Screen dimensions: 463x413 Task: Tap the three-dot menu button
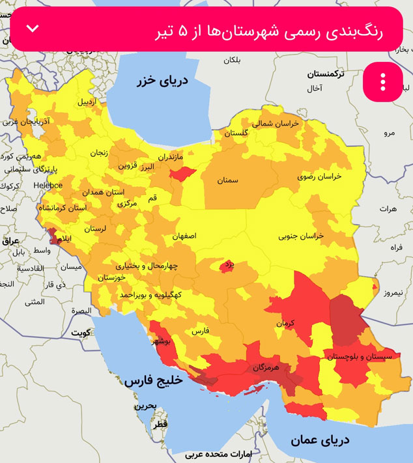(383, 82)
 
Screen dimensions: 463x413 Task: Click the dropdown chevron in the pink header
(33, 29)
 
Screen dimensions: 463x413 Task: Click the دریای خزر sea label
(162, 81)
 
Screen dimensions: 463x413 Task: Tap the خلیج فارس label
(151, 380)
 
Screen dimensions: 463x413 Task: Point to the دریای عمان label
(320, 440)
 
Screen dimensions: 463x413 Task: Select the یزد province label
(228, 265)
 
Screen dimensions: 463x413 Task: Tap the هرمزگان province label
(266, 367)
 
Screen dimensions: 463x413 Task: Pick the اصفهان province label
(184, 236)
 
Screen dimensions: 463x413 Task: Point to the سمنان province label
(228, 180)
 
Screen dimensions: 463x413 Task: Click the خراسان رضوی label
(319, 176)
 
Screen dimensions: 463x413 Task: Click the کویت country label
(81, 332)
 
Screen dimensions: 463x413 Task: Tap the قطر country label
(160, 424)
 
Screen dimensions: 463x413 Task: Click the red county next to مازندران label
(182, 174)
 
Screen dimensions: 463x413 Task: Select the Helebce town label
(48, 186)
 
